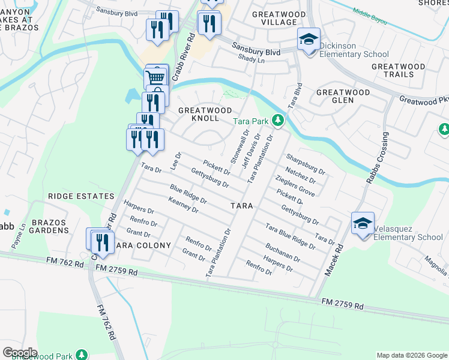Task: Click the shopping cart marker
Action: [x=155, y=77]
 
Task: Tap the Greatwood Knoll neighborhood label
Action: [x=205, y=115]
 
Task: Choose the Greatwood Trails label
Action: [x=398, y=70]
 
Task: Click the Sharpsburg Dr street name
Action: [x=306, y=164]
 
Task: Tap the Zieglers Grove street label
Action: [x=295, y=186]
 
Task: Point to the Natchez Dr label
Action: [x=301, y=175]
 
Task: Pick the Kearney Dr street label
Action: [x=184, y=205]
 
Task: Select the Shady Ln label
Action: [x=251, y=59]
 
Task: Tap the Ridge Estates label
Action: [x=81, y=196]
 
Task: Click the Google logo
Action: [x=20, y=353]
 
